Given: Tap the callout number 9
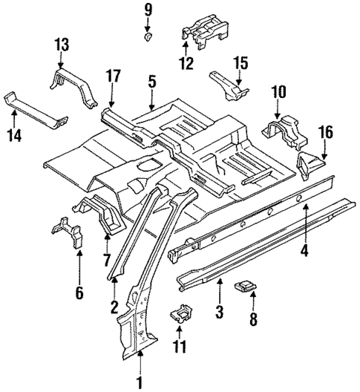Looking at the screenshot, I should tap(147, 10).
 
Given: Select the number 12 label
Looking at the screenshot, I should tap(186, 63).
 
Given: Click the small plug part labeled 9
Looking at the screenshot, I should tap(148, 36).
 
